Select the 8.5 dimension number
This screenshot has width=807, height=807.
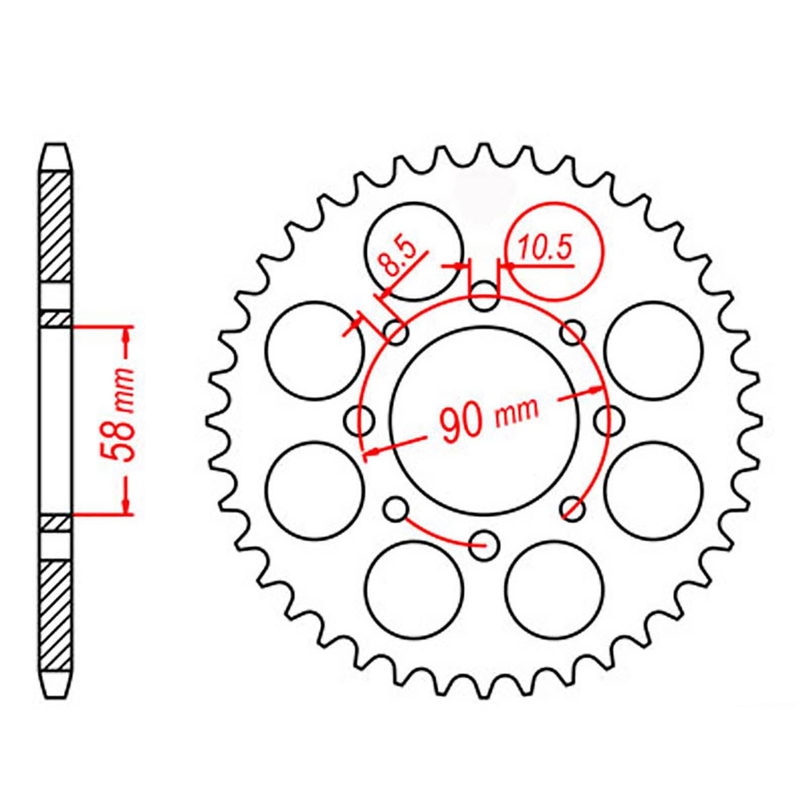399,258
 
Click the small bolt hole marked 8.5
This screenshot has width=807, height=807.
397,332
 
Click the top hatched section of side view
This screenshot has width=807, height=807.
55,227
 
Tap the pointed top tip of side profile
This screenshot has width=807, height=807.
55,147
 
